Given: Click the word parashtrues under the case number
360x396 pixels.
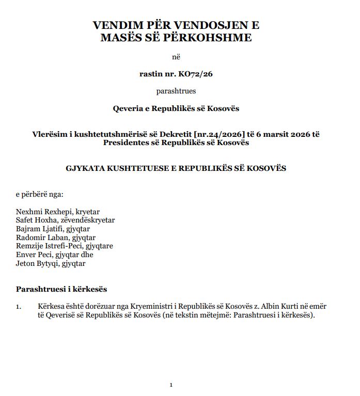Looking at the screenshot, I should click(176, 91).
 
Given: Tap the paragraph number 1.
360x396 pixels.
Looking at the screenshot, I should click(18, 307).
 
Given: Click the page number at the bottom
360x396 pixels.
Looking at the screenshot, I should click(171, 385).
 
